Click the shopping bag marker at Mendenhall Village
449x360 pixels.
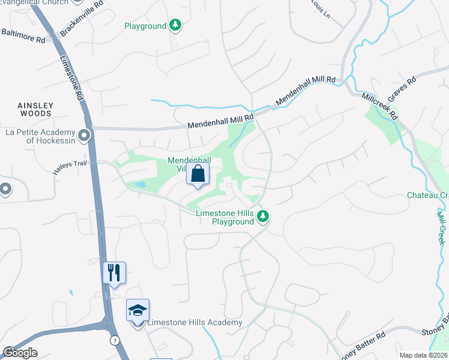198,175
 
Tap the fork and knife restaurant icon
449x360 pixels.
113,274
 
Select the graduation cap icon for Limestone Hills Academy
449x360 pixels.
137,311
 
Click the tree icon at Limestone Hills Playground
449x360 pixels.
262,216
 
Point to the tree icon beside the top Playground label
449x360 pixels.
175,25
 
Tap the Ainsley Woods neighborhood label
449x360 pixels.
35,109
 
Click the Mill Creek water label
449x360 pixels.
441,228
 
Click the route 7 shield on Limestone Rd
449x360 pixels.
115,340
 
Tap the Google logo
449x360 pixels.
20,353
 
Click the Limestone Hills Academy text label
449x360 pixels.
195,323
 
